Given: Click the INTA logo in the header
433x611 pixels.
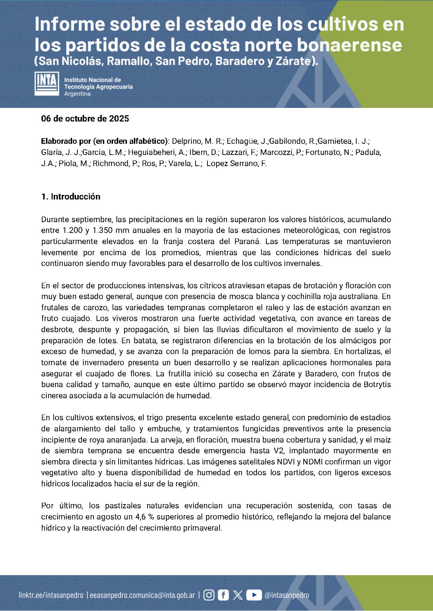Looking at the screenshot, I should [x=46, y=84].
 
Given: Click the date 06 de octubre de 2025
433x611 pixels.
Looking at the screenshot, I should [x=85, y=118].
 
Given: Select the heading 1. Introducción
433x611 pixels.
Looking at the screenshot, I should [x=71, y=197].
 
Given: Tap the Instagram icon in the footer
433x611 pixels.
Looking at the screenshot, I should [x=209, y=595].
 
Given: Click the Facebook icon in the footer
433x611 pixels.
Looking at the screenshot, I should [x=223, y=595].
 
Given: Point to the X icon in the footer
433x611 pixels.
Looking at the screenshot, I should [x=238, y=595].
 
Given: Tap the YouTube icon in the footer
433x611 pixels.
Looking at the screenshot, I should [x=254, y=595].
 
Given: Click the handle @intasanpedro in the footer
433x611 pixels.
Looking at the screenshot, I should [x=287, y=595].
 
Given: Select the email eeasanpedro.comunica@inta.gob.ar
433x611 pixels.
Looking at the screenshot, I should [x=142, y=595].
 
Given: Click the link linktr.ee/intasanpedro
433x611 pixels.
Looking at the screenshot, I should [x=51, y=595].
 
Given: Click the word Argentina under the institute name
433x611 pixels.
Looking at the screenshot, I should [x=77, y=94].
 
